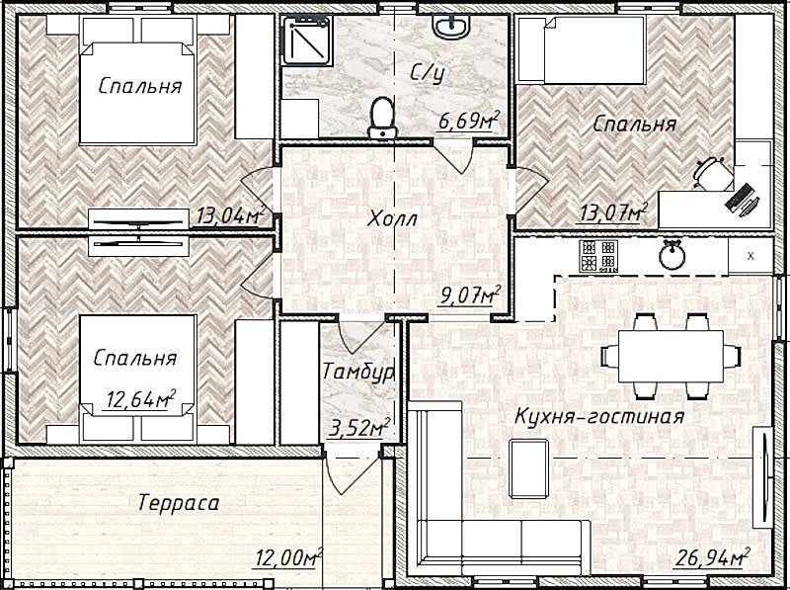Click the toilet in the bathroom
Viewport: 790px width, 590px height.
point(382,118)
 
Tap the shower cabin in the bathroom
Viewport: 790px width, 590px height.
point(307,41)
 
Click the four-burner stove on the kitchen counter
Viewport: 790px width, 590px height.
point(598,256)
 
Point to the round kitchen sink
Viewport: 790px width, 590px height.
point(672,255)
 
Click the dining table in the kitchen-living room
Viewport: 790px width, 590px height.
point(671,356)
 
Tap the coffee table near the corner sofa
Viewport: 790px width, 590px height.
point(529,468)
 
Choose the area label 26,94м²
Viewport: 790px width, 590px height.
point(712,557)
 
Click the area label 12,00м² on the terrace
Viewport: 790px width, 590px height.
point(289,557)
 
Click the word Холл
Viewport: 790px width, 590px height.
point(392,219)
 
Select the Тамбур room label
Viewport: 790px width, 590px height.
point(357,373)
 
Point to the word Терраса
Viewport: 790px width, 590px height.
point(179,503)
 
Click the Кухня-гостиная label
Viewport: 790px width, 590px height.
point(599,416)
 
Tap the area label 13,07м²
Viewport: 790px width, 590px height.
point(612,212)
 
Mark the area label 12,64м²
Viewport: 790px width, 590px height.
point(140,400)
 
